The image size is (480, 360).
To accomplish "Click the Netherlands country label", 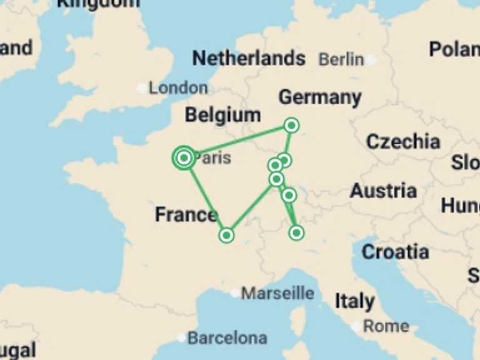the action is click(249, 59).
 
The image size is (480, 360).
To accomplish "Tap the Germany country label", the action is click(319, 97).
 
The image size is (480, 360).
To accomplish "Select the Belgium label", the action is click(222, 116).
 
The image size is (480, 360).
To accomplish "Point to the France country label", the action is click(186, 215).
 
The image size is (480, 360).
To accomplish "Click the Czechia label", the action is click(402, 141).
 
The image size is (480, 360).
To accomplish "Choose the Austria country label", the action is click(383, 191).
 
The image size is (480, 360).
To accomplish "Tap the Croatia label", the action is click(395, 252).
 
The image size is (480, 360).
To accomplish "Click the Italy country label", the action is click(354, 301).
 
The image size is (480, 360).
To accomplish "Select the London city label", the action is click(178, 88).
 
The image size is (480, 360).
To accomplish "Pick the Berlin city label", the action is click(341, 59).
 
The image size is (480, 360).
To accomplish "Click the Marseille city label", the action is click(277, 292).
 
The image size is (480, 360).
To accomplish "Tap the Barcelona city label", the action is click(227, 338).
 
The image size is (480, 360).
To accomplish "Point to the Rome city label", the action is click(386, 326).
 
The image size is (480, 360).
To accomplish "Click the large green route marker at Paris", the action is click(184, 158).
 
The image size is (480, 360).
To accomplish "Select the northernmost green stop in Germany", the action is click(291, 126).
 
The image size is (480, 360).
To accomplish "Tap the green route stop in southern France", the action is click(226, 235).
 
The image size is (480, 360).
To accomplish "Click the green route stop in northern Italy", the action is click(296, 232).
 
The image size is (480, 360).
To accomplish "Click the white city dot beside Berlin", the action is click(371, 60).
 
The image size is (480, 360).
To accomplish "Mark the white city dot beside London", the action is click(142, 88).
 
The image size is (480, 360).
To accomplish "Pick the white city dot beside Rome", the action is click(356, 326).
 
